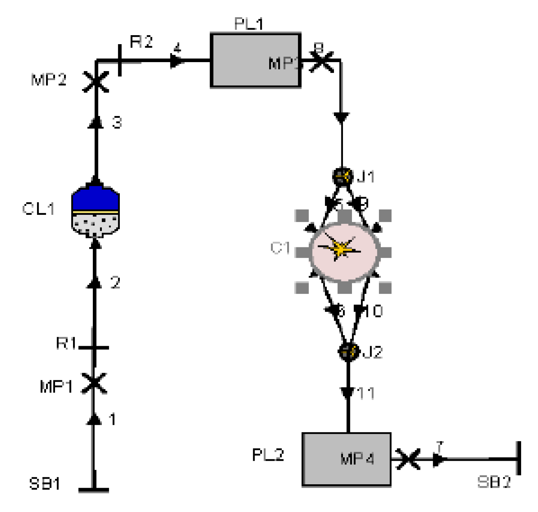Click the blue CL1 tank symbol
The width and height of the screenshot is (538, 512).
pos(95,210)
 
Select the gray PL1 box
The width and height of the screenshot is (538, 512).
pos(256,60)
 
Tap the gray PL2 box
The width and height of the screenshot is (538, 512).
pos(346,459)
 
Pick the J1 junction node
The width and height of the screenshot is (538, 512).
pos(342,176)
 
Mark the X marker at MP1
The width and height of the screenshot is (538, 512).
pos(94,383)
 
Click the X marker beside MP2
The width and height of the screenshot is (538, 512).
pos(96,82)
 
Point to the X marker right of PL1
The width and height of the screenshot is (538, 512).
pos(322,61)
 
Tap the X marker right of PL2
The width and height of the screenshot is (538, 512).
pos(408,459)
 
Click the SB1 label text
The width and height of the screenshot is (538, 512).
pos(45,484)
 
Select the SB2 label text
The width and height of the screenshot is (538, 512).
pos(494,482)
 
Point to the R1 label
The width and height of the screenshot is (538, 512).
pos(66,343)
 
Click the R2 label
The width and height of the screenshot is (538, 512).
pos(141,42)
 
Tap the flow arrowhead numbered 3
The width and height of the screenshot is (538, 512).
pos(96,122)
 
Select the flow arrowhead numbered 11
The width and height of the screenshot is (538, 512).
pos(348,393)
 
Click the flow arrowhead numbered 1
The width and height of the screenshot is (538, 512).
pos(94,419)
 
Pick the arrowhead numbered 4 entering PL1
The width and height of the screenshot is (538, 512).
pos(176,61)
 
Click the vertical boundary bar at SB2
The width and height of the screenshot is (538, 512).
pos(519,458)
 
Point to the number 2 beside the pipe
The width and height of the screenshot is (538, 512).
pos(115,282)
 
